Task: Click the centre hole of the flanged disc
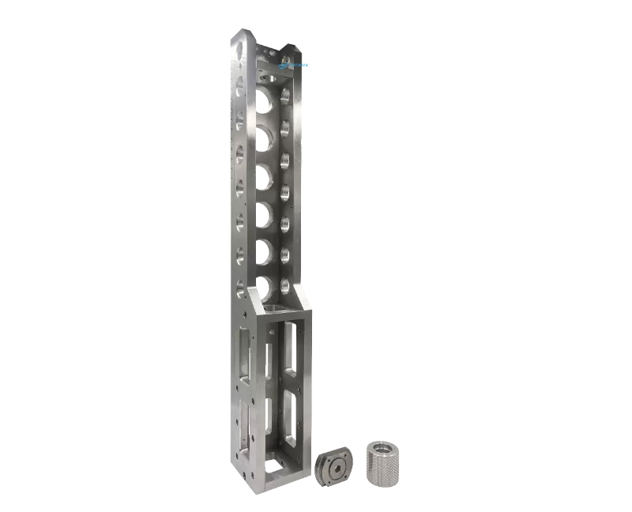(x=337, y=468)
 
